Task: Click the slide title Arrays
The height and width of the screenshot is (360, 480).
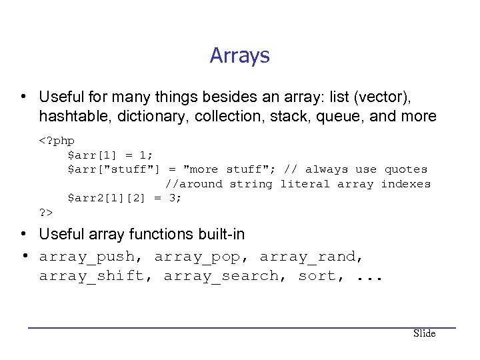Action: tap(239, 55)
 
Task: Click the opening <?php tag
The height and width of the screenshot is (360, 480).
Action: tap(57, 141)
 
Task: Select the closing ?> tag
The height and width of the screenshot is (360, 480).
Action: tap(46, 212)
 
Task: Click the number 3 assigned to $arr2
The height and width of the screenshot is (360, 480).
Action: tap(173, 198)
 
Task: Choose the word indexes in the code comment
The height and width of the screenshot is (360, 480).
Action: tap(405, 183)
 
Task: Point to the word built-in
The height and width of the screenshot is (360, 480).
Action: tap(218, 235)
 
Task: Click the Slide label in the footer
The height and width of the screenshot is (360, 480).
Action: tap(424, 333)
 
